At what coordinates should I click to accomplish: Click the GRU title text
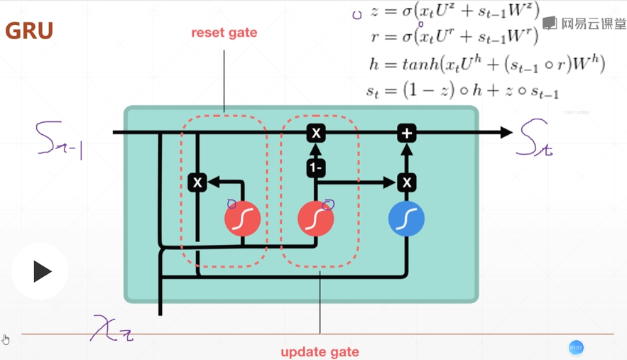[x=29, y=31]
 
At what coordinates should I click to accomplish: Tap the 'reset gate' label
[x=224, y=33]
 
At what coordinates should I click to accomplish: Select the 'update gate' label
[x=320, y=351]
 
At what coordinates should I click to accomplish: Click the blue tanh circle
[x=406, y=219]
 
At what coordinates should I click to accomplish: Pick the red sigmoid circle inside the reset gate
[x=242, y=219]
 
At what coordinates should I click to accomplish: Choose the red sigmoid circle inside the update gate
[x=315, y=219]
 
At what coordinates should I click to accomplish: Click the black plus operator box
[x=406, y=133]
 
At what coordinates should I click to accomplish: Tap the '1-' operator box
[x=316, y=168]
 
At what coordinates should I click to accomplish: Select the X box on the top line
[x=316, y=133]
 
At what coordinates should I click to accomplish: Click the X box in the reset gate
[x=197, y=182]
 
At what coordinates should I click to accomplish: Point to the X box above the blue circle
[x=406, y=182]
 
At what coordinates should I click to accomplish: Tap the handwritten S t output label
[x=536, y=138]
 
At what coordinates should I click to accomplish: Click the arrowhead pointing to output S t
[x=506, y=132]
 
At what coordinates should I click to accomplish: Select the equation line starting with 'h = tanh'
[x=486, y=64]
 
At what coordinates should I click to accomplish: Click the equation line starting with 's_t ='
[x=462, y=91]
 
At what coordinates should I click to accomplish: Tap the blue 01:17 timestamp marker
[x=576, y=347]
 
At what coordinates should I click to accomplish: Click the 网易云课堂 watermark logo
[x=584, y=23]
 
